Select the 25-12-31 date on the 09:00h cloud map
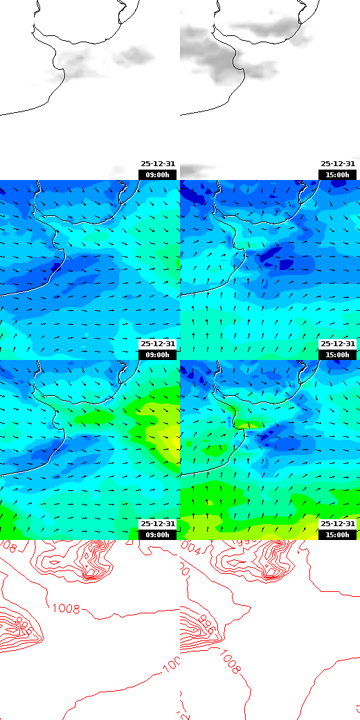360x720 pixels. (x=158, y=164)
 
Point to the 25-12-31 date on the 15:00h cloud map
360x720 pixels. (x=338, y=164)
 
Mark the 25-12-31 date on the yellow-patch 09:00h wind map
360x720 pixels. (x=158, y=524)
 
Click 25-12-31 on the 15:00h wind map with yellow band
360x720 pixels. (x=338, y=524)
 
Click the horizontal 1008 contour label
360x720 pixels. (x=66, y=609)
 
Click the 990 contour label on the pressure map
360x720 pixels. (x=26, y=624)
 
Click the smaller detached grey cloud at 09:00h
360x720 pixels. (x=135, y=54)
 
